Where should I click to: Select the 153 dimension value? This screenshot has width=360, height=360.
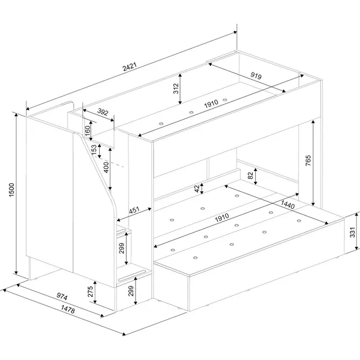point(94,149)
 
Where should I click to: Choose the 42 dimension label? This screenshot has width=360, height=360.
point(197,188)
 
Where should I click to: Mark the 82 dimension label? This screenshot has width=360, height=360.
point(251,177)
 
